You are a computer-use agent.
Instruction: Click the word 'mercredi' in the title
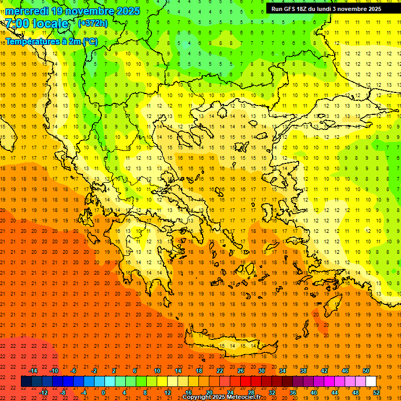[x=27, y=11]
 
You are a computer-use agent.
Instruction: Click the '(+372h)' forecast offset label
[x=92, y=23]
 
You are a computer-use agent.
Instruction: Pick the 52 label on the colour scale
[x=377, y=393]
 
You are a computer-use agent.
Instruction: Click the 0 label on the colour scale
[x=103, y=393]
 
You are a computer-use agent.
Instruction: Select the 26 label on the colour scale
[x=240, y=371]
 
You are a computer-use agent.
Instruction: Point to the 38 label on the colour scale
[x=303, y=371]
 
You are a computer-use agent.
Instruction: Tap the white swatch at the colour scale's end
[x=371, y=382]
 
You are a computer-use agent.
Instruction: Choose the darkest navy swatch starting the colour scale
[x=26, y=382]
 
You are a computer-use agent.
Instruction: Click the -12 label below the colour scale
[x=43, y=393]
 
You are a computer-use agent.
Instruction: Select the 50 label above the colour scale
[x=365, y=371]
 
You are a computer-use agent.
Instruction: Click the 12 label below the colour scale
[x=168, y=393]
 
